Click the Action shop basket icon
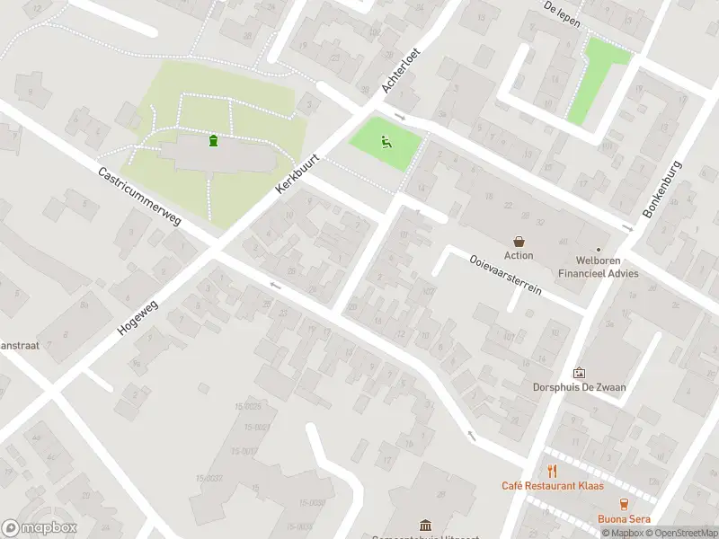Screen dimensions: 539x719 [519, 241]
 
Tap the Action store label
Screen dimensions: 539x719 [519, 256]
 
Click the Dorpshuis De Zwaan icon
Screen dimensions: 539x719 [579, 373]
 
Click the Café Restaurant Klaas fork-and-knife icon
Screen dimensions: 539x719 [552, 471]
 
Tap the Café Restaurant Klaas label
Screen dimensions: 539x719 [552, 486]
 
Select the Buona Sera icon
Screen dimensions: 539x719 [624, 504]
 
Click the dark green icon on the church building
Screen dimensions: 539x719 [213, 140]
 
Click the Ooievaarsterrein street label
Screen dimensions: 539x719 [504, 272]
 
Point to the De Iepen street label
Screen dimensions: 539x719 [562, 12]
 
